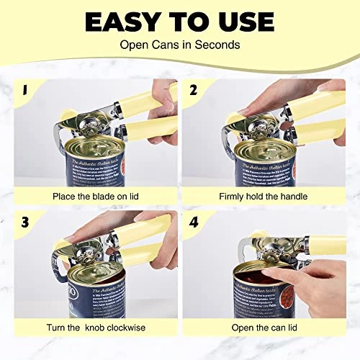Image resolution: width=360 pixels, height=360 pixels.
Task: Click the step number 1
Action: pyautogui.click(x=24, y=91)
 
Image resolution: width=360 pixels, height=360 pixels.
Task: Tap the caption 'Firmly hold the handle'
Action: pyautogui.click(x=263, y=196)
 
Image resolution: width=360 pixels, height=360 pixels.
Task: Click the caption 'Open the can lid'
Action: pyautogui.click(x=263, y=329)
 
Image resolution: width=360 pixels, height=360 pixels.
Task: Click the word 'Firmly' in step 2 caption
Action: pyautogui.click(x=233, y=196)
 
